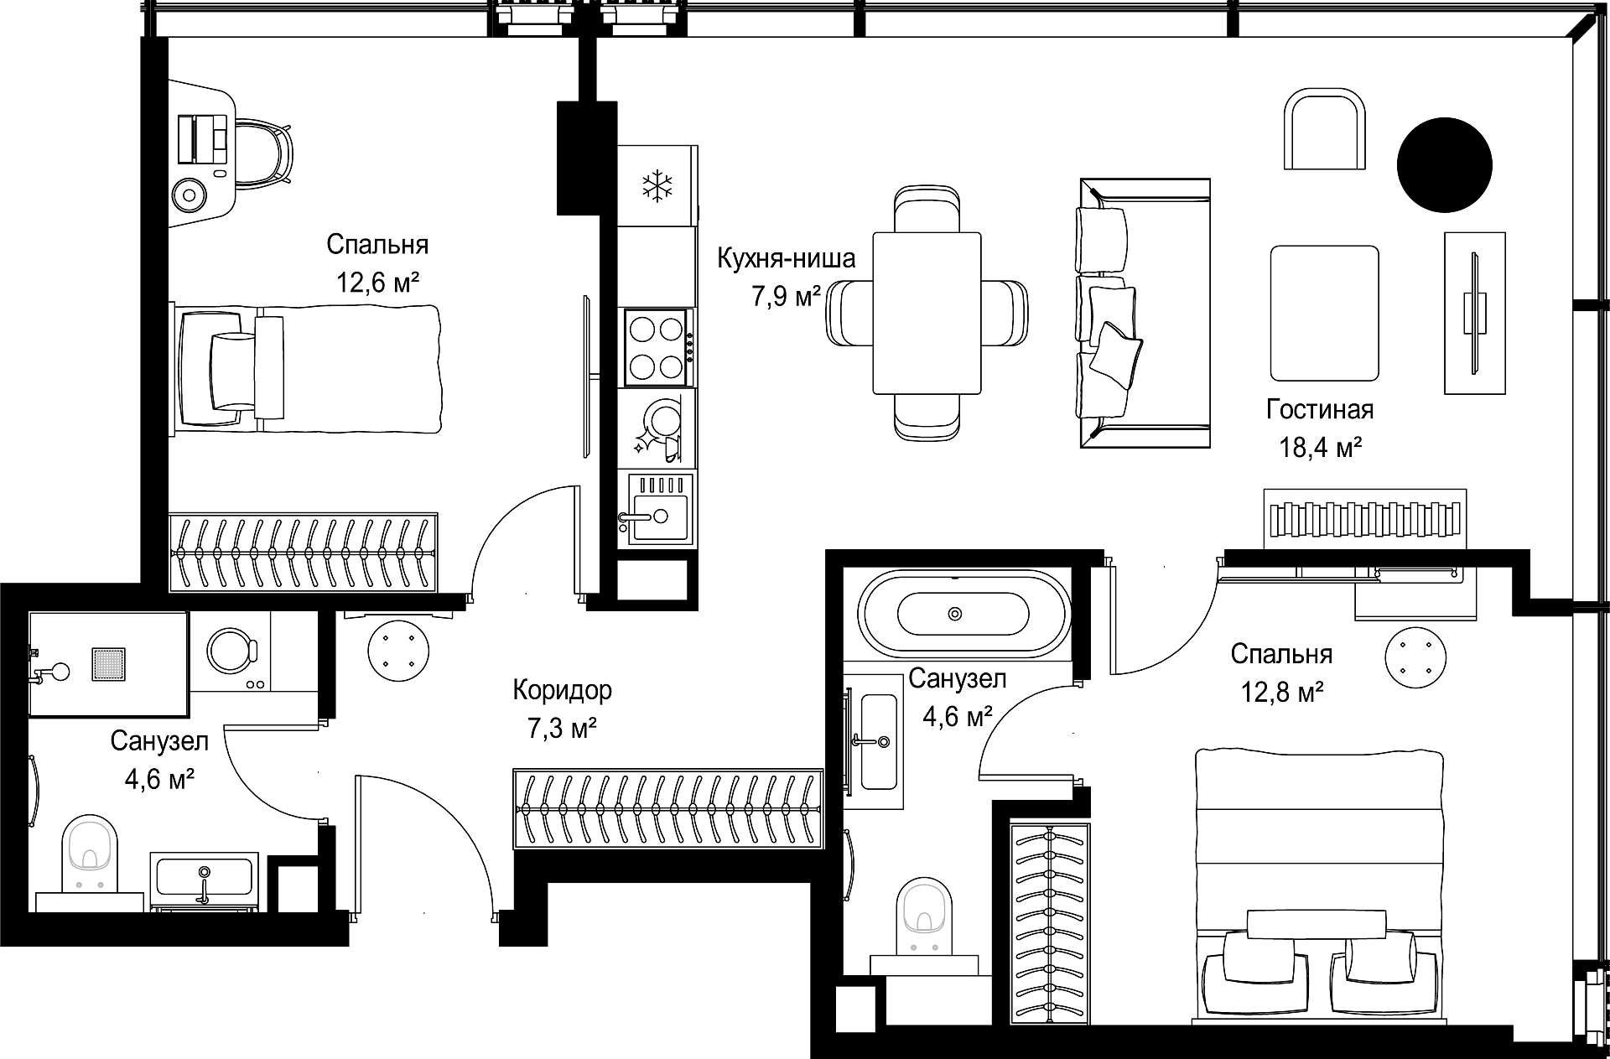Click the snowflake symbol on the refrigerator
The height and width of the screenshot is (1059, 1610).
[657, 185]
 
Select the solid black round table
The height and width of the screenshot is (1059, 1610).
[1444, 165]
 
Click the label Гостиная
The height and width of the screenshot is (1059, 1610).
[1320, 409]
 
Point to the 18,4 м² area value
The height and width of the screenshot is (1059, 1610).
[1320, 447]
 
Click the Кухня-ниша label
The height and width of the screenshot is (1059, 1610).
[786, 258]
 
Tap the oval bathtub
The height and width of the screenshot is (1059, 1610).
[964, 615]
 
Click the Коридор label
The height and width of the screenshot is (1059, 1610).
[562, 690]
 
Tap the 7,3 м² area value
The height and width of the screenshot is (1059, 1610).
[562, 729]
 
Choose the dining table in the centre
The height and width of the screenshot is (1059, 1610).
[927, 313]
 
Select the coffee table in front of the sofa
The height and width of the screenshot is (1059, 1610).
[1324, 313]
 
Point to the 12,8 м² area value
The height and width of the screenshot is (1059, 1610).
[1282, 692]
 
